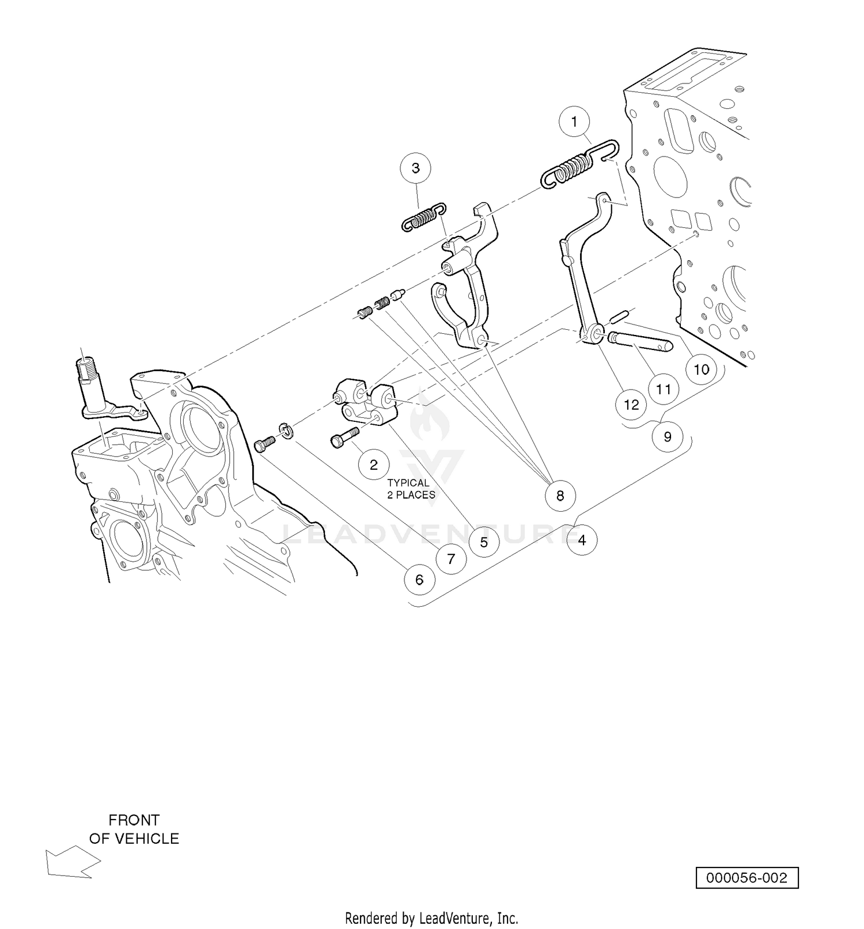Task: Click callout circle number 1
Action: (574, 121)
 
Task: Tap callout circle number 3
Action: (416, 168)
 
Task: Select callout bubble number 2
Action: (373, 464)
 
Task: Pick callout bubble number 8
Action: (560, 495)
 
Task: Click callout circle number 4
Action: (582, 540)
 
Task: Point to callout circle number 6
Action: (419, 579)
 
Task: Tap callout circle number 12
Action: (631, 405)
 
